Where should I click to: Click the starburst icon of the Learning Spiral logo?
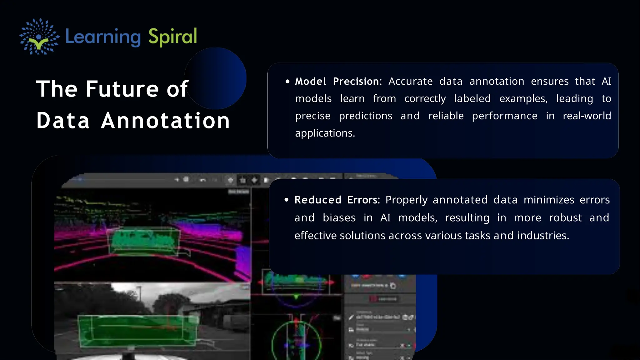point(39,37)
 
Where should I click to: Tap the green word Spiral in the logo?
point(172,37)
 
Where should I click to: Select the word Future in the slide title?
point(122,89)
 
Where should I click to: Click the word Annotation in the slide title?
point(166,121)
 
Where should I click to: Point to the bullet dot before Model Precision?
point(287,82)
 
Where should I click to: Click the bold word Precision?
point(356,82)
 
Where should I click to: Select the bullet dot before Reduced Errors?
point(287,200)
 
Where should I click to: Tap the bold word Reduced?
point(318,200)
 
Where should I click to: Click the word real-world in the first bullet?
point(587,116)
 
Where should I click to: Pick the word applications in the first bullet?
point(324,133)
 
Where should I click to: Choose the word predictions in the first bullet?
point(365,116)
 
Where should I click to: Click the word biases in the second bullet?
point(339,218)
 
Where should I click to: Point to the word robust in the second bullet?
point(565,218)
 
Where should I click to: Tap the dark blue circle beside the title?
point(219,72)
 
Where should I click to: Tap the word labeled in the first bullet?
point(472,99)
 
